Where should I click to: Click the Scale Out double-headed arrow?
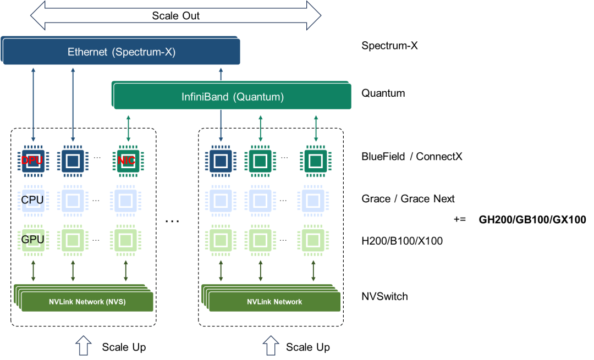tap(175, 15)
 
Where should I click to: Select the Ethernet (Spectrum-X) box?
tap(122, 53)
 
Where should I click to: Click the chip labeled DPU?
tap(33, 160)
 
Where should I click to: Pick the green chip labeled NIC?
tap(126, 160)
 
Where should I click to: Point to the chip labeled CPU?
tap(33, 200)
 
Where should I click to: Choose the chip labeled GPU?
tap(33, 240)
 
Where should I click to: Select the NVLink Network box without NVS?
tap(274, 302)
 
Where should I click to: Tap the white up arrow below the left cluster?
tap(82, 346)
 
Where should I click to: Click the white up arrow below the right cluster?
tap(270, 346)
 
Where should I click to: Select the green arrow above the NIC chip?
tap(128, 128)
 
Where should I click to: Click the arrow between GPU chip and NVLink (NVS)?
tap(33, 271)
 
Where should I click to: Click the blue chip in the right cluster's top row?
tap(221, 160)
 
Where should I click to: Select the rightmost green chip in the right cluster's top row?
tap(315, 160)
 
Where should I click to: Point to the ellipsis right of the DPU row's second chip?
tap(97, 158)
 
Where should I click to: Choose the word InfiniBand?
tap(205, 97)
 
